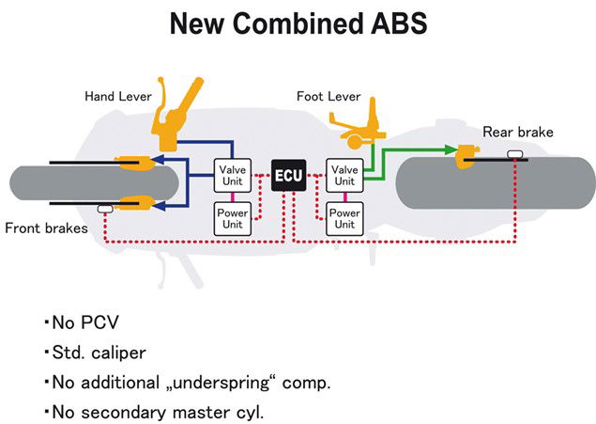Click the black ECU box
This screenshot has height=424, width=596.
287,175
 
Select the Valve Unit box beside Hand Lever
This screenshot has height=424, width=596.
231,176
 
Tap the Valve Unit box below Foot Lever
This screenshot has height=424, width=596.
343,176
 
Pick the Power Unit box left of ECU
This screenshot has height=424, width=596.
231,219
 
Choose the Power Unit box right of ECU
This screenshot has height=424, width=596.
343,219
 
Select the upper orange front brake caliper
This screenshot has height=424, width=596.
132,162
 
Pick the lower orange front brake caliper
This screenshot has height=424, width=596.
132,199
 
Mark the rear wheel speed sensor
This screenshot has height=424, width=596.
515,152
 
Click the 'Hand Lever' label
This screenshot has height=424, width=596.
118,96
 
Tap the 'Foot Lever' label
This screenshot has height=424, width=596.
329,96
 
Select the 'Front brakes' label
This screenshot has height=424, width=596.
45,228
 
